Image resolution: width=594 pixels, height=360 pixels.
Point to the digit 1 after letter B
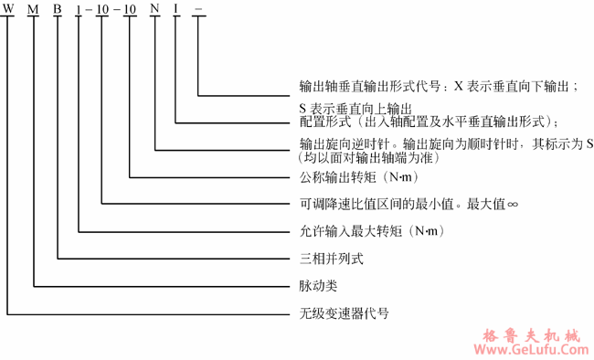[x=80, y=12]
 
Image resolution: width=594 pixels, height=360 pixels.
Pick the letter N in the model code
[x=156, y=12]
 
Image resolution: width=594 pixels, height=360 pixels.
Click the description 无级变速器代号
[x=344, y=312]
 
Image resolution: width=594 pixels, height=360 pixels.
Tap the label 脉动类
[x=318, y=285]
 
